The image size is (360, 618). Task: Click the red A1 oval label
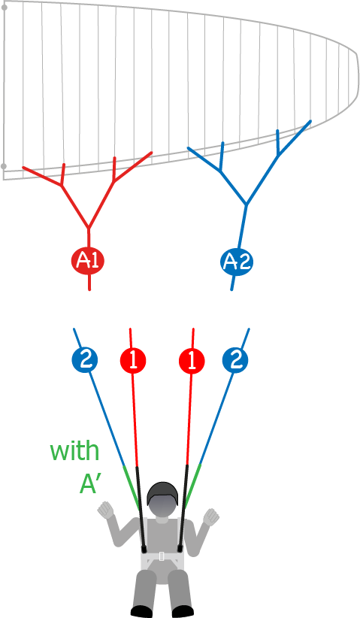[x=88, y=261]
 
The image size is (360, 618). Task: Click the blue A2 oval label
[x=236, y=262]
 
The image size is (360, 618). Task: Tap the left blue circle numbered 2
[x=85, y=359]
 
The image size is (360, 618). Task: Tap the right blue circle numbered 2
[x=235, y=360]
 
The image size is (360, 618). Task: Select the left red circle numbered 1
[x=133, y=360]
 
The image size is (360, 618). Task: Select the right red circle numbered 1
[x=192, y=360]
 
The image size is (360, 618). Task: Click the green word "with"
[x=74, y=451]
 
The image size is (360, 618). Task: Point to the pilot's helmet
[x=162, y=493]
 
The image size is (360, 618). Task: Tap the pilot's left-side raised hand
[x=105, y=510]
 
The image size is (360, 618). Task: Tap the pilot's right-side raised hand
[x=211, y=517]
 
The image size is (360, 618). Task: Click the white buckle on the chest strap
[x=162, y=556]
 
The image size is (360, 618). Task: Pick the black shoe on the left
[x=141, y=612]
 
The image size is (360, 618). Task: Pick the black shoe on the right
[x=183, y=612]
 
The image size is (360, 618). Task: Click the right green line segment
[x=192, y=485]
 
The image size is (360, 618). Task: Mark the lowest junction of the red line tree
[x=88, y=228]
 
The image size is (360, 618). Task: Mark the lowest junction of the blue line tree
[x=247, y=205]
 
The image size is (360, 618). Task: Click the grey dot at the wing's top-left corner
[x=5, y=8]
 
